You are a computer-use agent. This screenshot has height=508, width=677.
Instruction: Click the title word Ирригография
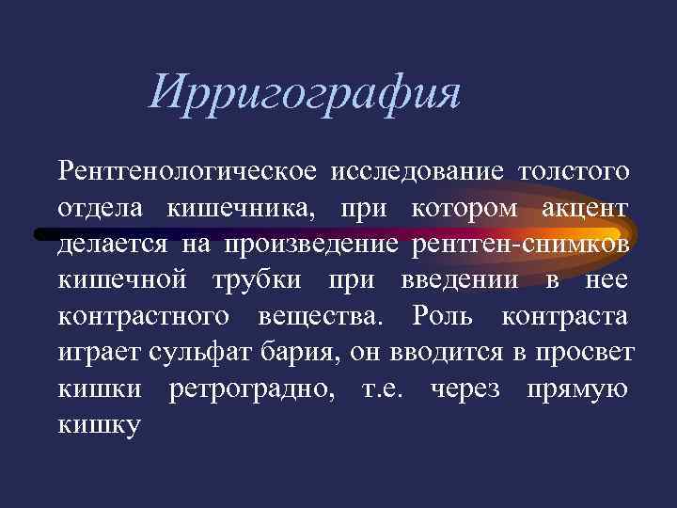click(x=306, y=96)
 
